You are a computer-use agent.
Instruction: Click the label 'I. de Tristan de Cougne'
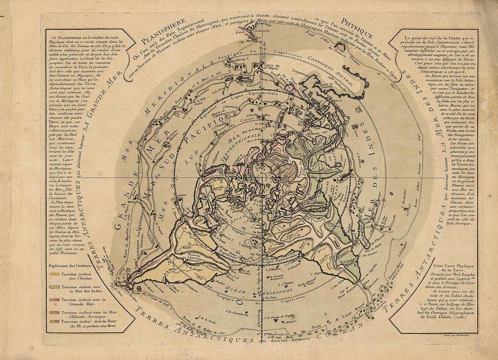[284, 315]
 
